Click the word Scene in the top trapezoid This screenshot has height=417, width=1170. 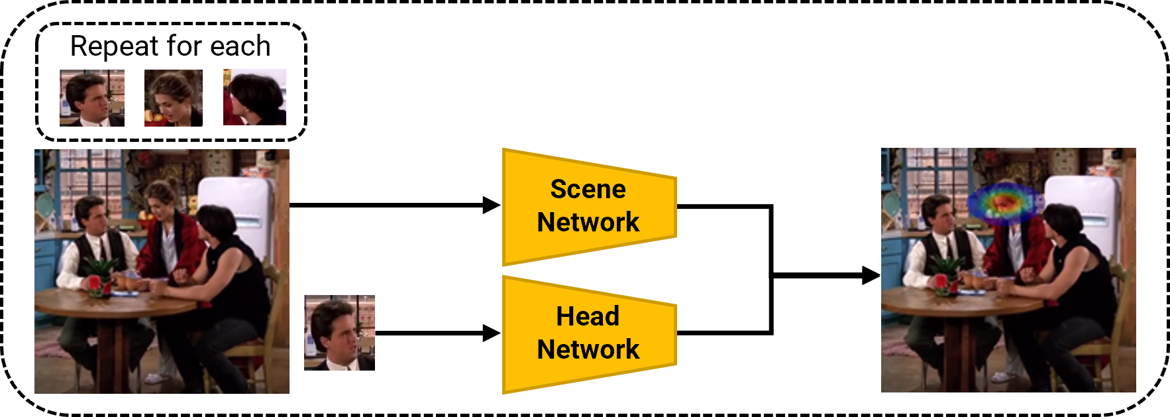(588, 190)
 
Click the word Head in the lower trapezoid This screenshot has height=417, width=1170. (588, 317)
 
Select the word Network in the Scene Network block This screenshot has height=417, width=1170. (588, 222)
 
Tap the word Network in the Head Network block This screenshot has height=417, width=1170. (588, 349)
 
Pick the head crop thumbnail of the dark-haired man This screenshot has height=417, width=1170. (92, 97)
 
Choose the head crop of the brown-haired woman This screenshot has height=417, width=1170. (173, 97)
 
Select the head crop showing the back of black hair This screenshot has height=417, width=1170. (254, 97)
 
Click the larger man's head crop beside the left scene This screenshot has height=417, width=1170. (339, 332)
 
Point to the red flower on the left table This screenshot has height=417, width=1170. (95, 283)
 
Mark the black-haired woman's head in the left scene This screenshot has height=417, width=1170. (215, 223)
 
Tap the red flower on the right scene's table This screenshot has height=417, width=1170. (941, 282)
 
